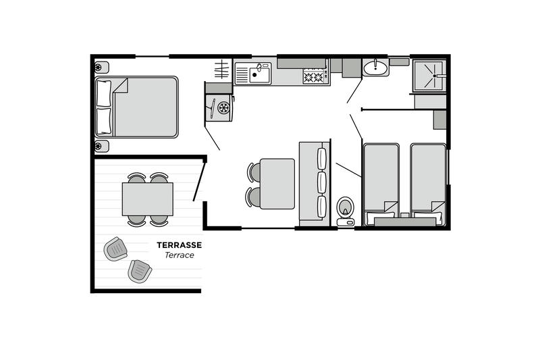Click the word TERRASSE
179,245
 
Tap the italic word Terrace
179,255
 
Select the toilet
346,211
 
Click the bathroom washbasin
375,68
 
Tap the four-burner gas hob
313,76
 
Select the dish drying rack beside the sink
221,70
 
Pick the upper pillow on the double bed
104,93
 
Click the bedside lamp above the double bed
102,68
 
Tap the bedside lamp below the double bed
102,146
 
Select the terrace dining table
147,199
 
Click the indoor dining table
277,184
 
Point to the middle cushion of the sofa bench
322,182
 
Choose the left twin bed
381,184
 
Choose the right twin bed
428,184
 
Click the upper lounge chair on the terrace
115,249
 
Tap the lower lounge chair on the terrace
140,271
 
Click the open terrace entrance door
199,182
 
